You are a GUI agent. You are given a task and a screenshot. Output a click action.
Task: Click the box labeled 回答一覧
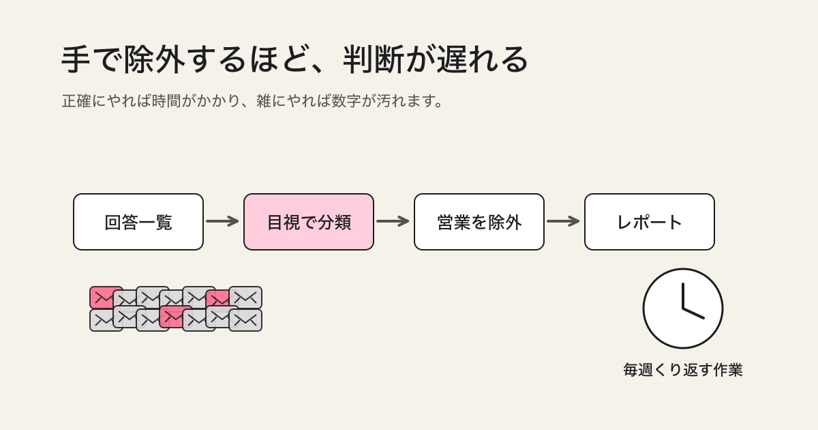tap(138, 222)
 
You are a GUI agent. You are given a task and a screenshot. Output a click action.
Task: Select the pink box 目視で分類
tap(309, 222)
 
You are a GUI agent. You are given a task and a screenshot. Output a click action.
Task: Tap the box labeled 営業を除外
tap(479, 222)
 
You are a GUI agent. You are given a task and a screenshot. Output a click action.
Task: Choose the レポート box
tap(649, 222)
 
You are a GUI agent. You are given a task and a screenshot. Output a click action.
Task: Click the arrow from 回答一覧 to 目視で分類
tap(222, 221)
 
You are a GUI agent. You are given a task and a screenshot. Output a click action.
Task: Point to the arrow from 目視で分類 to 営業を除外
tap(393, 221)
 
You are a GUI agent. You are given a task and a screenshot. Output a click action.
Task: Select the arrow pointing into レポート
tap(563, 221)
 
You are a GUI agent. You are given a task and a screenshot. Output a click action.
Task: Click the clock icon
tap(683, 309)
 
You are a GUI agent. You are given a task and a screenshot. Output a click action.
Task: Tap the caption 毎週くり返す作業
tap(683, 370)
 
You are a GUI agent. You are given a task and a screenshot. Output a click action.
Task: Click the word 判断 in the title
tap(374, 59)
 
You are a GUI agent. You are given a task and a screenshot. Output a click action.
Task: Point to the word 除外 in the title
tap(154, 59)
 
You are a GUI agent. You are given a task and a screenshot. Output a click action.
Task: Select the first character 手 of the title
tap(76, 59)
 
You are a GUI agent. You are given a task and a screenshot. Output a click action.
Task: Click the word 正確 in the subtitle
tap(76, 101)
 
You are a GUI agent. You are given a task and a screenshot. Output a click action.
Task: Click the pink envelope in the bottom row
tap(176, 317)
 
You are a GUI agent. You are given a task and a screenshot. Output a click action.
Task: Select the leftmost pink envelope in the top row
tap(106, 298)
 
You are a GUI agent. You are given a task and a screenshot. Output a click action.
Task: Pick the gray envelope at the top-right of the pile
tap(245, 298)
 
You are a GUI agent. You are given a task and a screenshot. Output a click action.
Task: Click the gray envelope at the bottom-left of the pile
tap(106, 321)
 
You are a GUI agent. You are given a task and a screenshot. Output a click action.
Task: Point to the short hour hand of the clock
tap(693, 314)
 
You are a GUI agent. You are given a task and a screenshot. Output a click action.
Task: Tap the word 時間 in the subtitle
tap(166, 101)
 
